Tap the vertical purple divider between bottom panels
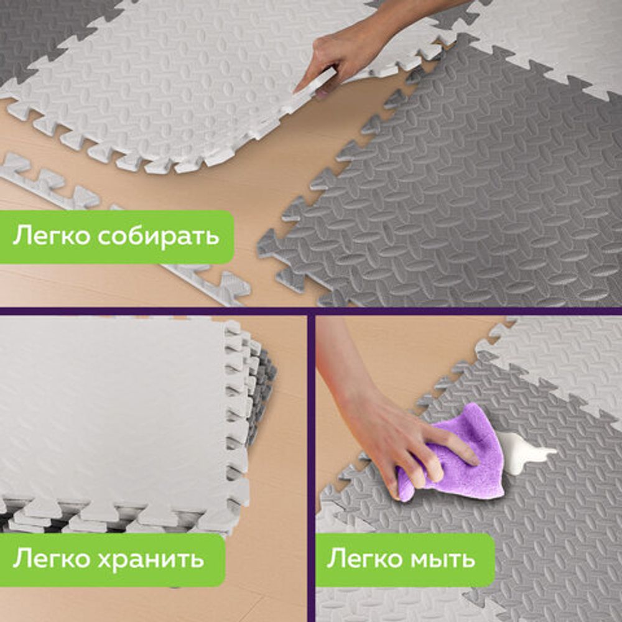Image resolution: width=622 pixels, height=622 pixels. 311,466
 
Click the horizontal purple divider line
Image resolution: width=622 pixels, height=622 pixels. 311,311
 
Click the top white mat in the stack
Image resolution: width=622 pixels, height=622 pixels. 112,411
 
